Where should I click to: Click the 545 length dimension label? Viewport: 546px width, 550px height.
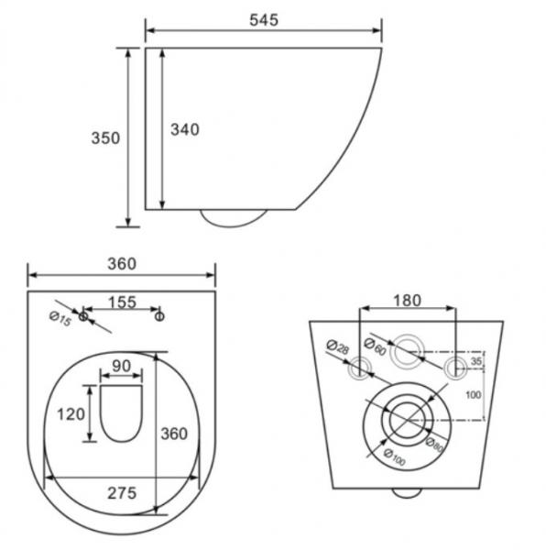tap(262, 19)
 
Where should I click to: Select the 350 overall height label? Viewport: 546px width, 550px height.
tap(105, 137)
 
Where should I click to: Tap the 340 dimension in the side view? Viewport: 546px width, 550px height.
tap(185, 129)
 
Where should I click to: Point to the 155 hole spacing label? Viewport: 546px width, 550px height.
tap(122, 302)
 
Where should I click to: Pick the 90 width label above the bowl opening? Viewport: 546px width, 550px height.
tap(121, 367)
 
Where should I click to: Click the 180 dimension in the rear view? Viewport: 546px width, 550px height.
tap(407, 300)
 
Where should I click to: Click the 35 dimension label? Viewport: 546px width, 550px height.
tap(475, 362)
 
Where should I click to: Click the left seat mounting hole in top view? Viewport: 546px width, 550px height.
tap(83, 316)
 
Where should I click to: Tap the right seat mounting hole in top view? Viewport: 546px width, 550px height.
tap(159, 316)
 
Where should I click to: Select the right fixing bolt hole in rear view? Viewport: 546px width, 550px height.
tap(455, 368)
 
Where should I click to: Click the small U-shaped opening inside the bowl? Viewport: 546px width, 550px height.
tap(121, 412)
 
